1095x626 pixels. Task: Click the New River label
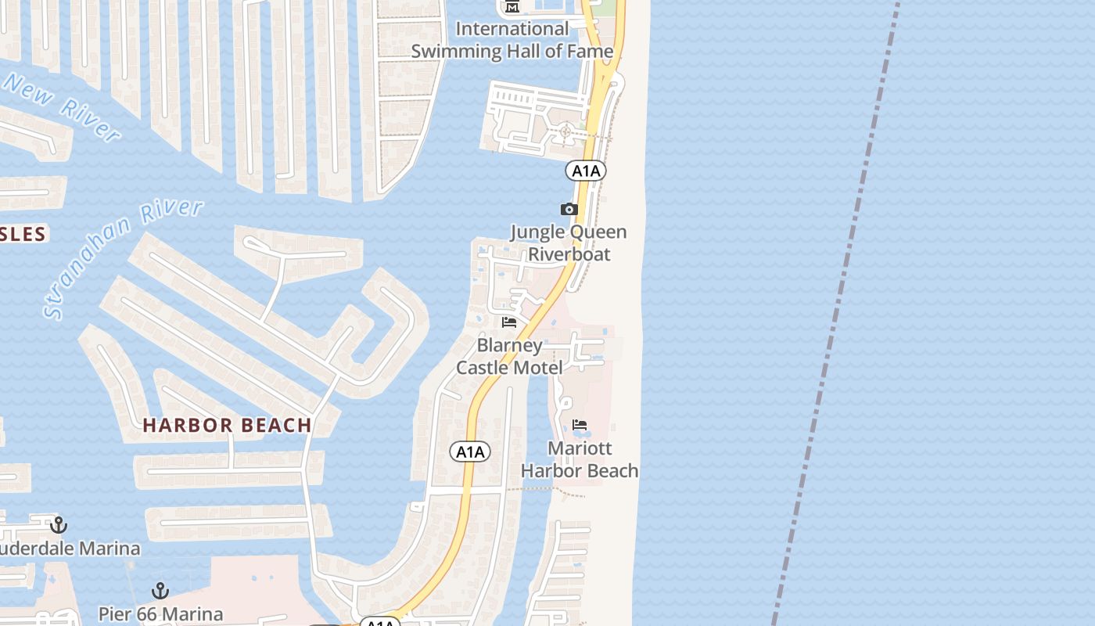pos(61,108)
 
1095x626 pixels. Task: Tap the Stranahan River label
pos(123,258)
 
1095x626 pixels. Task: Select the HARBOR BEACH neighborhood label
pos(228,426)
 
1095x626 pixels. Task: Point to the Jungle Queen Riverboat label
pos(569,243)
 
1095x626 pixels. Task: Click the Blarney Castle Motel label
pos(509,356)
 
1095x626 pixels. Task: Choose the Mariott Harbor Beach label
pos(580,459)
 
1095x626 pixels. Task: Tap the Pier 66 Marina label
pos(160,614)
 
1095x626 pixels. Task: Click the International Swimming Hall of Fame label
pos(512,40)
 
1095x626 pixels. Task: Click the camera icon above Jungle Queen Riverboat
pos(569,209)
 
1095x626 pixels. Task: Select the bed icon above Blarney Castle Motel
pos(509,322)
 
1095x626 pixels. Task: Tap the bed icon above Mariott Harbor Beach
pos(580,425)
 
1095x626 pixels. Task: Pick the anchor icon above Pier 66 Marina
pos(160,590)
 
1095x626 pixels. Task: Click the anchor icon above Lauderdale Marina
pos(58,524)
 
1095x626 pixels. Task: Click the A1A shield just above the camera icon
pos(587,171)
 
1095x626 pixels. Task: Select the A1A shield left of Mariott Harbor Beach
pos(470,452)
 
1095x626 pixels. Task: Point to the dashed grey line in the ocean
pos(837,313)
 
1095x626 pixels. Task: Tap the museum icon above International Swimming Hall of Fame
pos(512,7)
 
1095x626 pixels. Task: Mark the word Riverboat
pos(569,254)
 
